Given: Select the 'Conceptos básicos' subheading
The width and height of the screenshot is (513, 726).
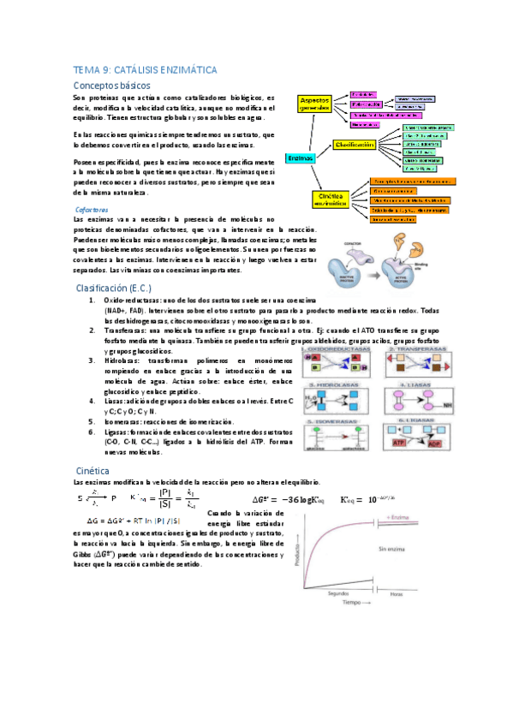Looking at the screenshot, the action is [113, 86].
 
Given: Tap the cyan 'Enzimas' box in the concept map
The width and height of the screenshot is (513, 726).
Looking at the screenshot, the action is [300, 158].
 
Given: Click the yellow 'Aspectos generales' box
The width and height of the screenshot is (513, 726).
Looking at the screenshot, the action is [314, 104].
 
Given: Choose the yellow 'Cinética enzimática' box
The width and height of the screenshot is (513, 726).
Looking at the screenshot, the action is [325, 199].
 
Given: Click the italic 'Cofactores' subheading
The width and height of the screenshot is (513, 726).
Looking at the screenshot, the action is [92, 209].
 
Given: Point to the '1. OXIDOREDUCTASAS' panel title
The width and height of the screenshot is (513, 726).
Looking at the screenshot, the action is [334, 349].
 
